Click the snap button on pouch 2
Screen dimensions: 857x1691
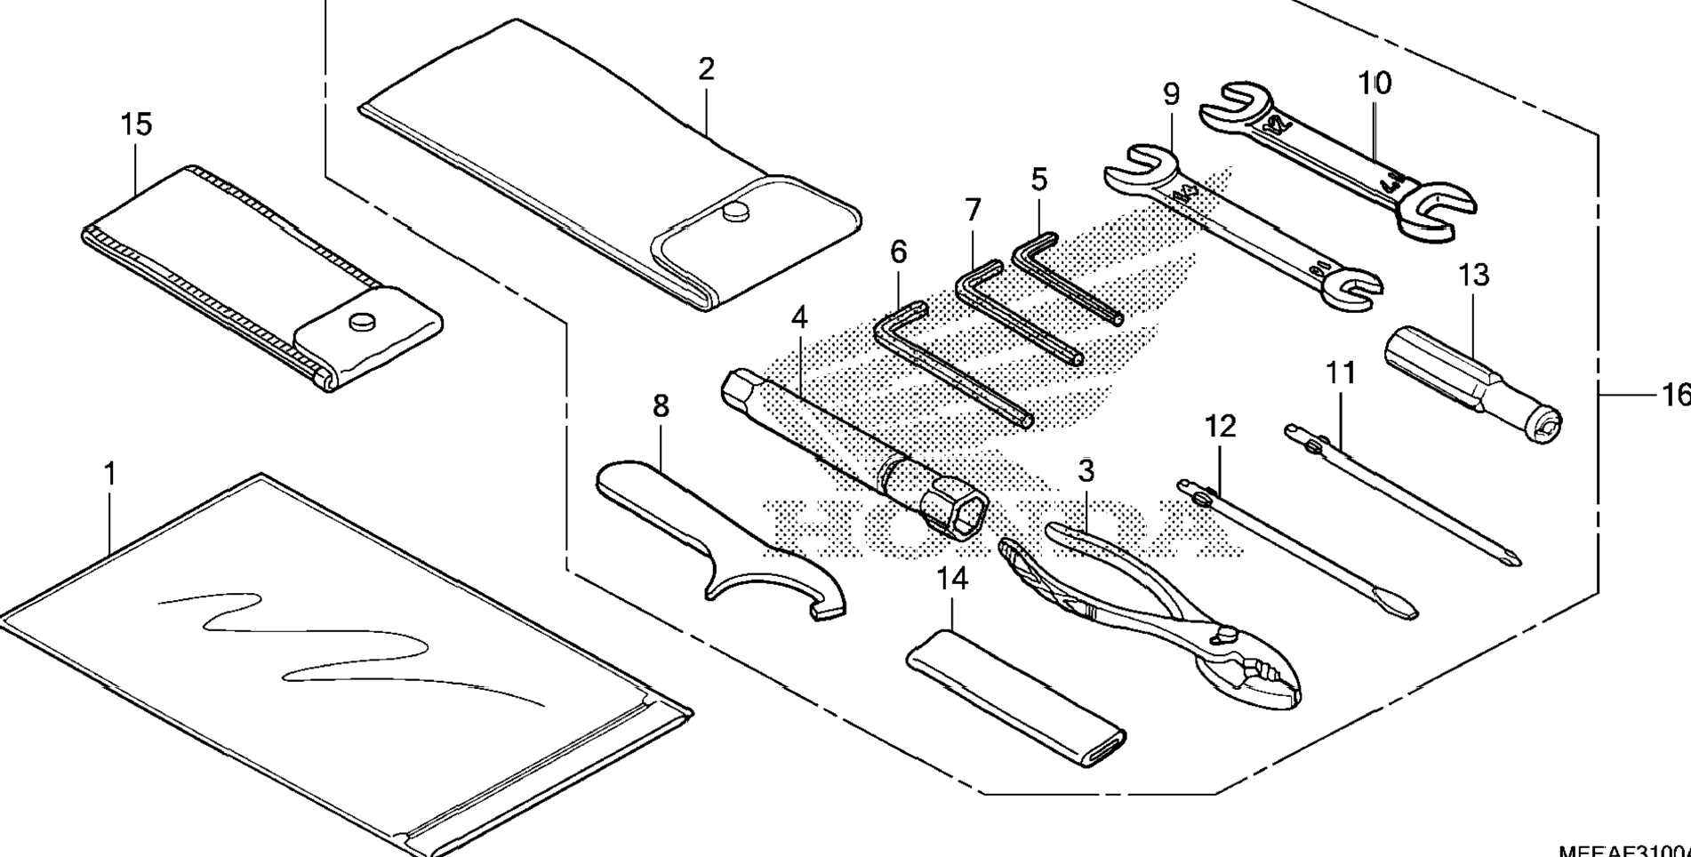735,212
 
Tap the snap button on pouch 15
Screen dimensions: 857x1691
362,320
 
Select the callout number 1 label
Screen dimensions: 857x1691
110,474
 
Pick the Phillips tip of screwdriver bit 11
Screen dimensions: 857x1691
1513,559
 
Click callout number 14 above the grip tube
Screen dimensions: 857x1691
951,580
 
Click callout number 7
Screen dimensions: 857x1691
973,211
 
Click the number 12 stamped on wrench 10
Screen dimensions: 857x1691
1278,124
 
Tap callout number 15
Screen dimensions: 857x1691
136,124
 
